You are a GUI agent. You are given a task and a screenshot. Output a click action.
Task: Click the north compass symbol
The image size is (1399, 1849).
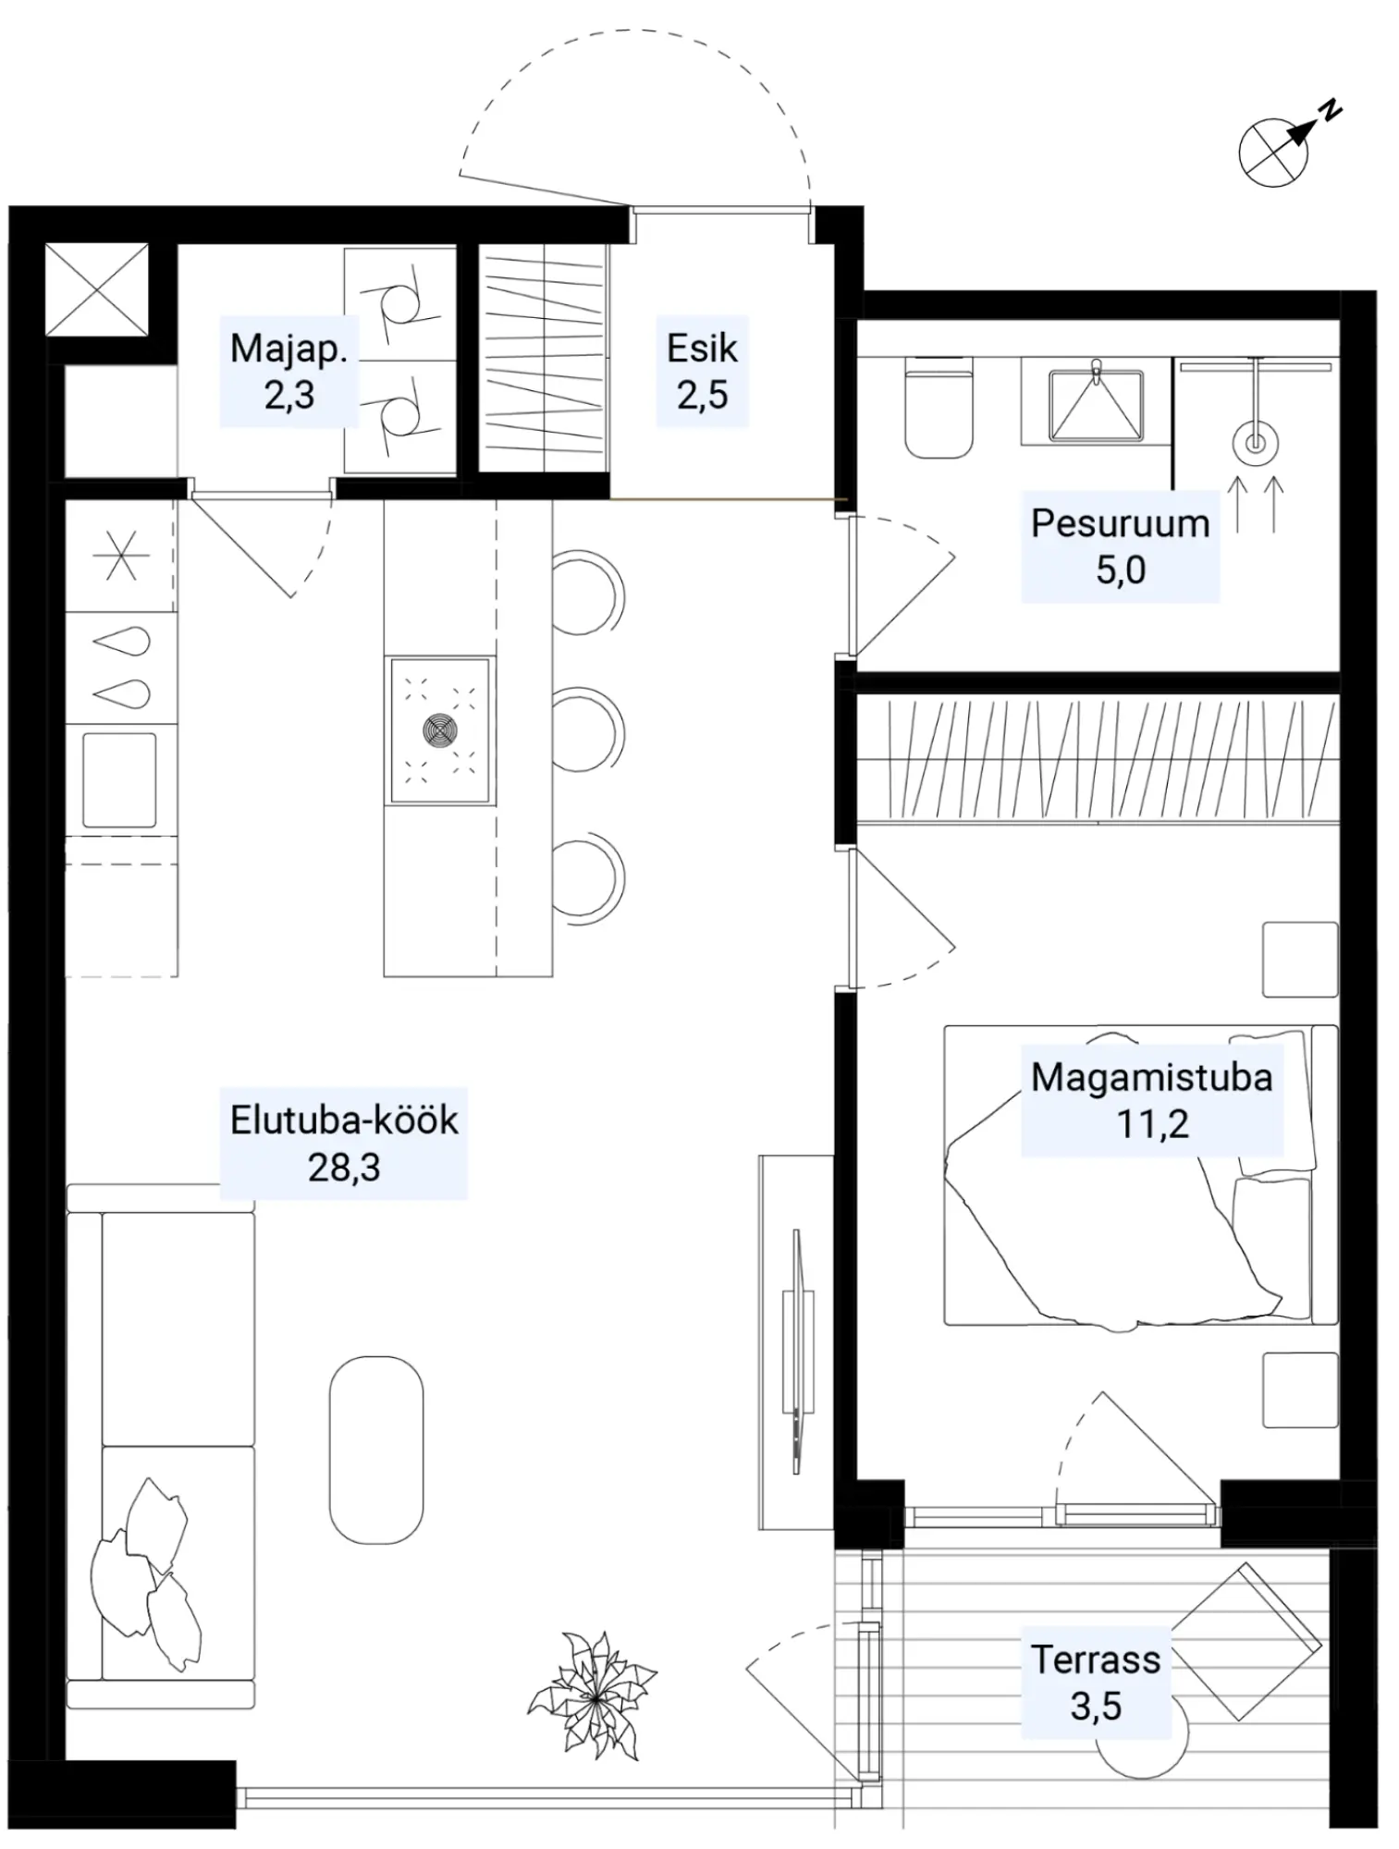coord(1281,148)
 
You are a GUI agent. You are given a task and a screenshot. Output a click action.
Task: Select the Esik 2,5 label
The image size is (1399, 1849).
coord(702,372)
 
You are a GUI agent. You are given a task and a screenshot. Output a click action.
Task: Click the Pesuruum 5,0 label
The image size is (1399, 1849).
coord(1120,546)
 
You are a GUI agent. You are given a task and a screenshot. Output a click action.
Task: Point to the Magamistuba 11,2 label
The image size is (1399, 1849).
coord(1151,1100)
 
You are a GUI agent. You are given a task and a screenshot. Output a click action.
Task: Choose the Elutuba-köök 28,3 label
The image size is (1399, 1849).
coord(344,1144)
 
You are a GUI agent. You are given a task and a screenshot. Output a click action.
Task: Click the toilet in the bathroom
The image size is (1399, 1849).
coord(939,408)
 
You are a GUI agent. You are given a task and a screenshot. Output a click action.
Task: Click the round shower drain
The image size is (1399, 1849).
coord(1255,445)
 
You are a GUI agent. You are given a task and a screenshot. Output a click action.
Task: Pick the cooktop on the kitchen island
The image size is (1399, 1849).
coord(439,730)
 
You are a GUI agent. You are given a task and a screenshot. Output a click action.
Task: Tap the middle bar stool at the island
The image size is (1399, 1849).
coord(589,730)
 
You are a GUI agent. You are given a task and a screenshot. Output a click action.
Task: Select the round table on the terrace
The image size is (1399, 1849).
coord(1141,1743)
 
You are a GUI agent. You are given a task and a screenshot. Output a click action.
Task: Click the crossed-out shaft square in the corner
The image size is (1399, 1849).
coord(97,289)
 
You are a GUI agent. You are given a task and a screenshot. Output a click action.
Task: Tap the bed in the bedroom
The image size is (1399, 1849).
coord(1140,1175)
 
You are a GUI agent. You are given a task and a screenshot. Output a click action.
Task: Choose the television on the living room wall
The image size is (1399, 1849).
coord(797,1349)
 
